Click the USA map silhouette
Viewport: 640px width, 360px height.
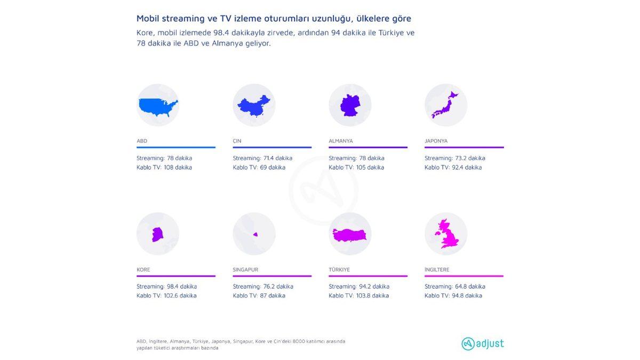(x=157, y=107)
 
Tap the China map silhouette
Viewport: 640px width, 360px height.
(x=253, y=106)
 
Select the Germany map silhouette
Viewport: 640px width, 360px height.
(x=350, y=106)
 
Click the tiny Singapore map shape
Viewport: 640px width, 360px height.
(x=255, y=234)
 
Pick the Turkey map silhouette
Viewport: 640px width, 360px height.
(x=350, y=235)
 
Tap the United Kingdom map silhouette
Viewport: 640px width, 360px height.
(x=447, y=235)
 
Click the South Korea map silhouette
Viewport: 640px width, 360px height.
(x=157, y=234)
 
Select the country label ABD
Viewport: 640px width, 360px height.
(x=142, y=141)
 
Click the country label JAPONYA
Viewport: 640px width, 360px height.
(x=436, y=141)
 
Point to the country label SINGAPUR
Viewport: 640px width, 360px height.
(x=245, y=270)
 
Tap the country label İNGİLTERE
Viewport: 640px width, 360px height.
(x=437, y=270)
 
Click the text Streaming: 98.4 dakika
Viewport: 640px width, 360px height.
(x=166, y=286)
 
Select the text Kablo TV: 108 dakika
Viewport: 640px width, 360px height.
(x=164, y=167)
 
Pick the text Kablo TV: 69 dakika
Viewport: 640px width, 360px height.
(x=259, y=167)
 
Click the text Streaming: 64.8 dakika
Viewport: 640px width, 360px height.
(x=454, y=286)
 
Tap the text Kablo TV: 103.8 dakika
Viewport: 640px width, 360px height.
(x=358, y=295)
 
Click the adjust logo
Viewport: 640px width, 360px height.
(x=482, y=343)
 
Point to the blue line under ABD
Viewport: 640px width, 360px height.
(x=176, y=147)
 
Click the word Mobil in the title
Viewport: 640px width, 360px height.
(x=148, y=19)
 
